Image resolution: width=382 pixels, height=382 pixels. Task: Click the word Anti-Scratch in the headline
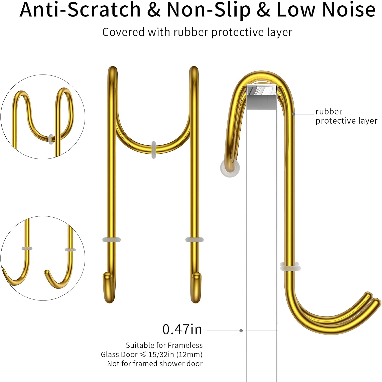coord(80,10)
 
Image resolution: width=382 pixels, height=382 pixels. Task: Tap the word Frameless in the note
coord(185,345)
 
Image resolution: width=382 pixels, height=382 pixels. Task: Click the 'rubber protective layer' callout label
coord(346,116)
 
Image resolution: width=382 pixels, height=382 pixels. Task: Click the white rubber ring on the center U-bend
coord(154,150)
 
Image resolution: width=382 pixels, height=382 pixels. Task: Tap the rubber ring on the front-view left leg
coord(112,240)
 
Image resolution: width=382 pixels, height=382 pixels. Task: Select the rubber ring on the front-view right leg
coord(195,240)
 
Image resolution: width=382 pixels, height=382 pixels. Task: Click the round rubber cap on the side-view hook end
coord(230,168)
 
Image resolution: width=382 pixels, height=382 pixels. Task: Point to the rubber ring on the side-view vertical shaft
coord(290,266)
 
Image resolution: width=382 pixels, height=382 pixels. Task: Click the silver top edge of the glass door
coord(261,98)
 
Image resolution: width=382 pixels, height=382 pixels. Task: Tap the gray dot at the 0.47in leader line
coord(241,331)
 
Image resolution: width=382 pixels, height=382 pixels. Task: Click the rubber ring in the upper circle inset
coord(51,139)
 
